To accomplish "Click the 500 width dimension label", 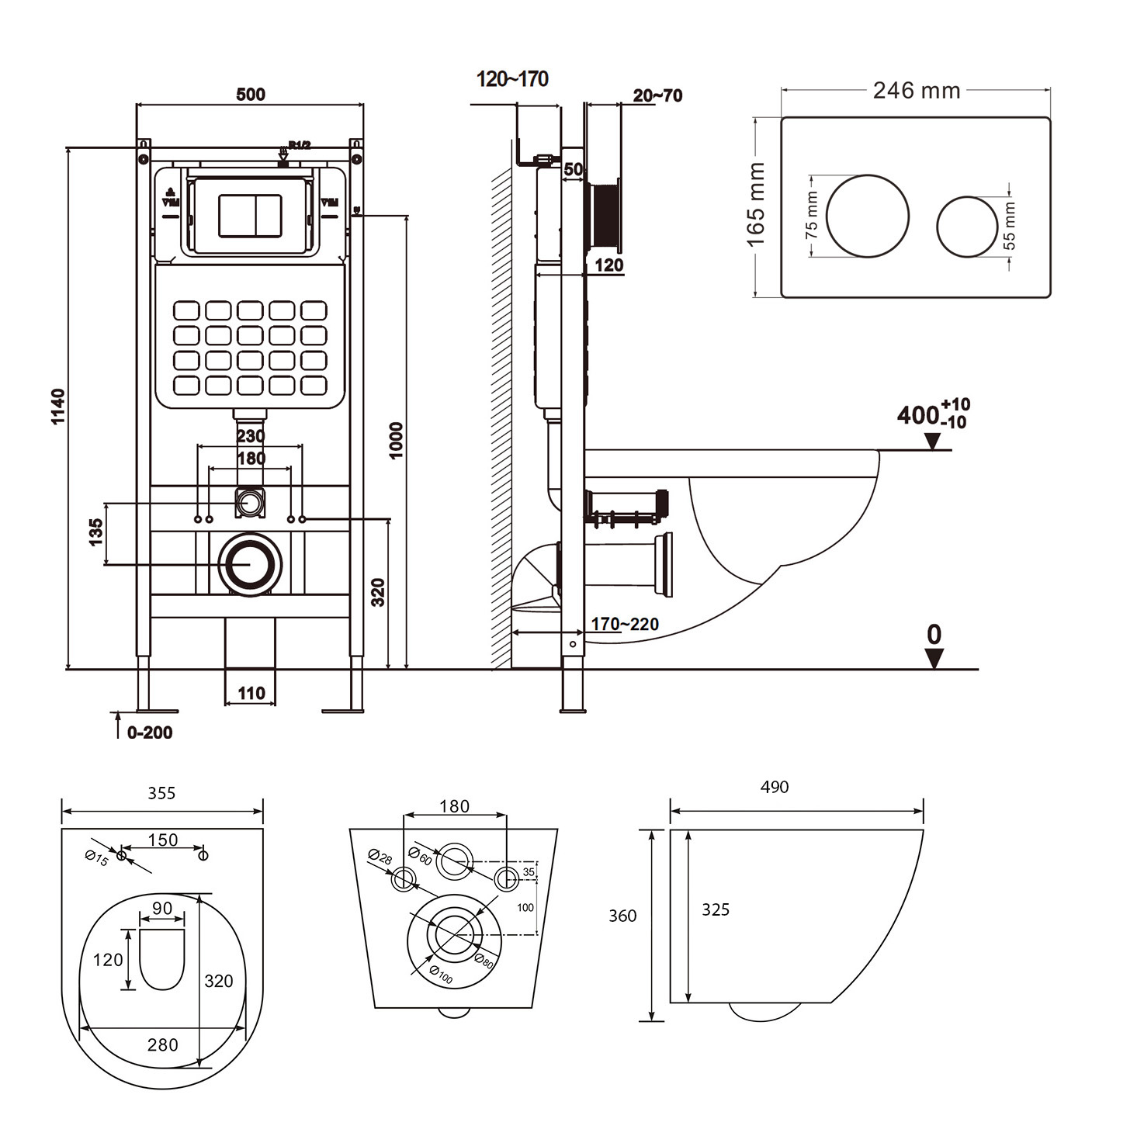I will pyautogui.click(x=250, y=95).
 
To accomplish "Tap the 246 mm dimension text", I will pyautogui.click(x=916, y=91).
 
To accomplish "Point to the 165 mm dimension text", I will pyautogui.click(x=756, y=205).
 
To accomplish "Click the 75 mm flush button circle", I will pyautogui.click(x=867, y=216).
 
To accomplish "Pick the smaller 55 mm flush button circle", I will pyautogui.click(x=966, y=226).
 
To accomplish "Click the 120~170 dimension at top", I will pyautogui.click(x=512, y=79).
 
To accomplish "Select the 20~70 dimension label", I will pyautogui.click(x=657, y=95).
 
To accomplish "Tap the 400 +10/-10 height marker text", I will pyautogui.click(x=932, y=414).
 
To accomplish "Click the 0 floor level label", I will pyautogui.click(x=934, y=635).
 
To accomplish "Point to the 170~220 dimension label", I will pyautogui.click(x=625, y=624).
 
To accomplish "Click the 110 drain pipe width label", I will pyautogui.click(x=251, y=693).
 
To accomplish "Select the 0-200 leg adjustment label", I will pyautogui.click(x=150, y=733).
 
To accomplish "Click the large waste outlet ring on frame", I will pyautogui.click(x=250, y=565).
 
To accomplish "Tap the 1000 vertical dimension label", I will pyautogui.click(x=396, y=440).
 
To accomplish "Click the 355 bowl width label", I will pyautogui.click(x=161, y=793).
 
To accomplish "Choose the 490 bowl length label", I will pyautogui.click(x=774, y=787).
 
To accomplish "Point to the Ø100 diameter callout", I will pyautogui.click(x=440, y=975).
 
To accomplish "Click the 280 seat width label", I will pyautogui.click(x=163, y=1044).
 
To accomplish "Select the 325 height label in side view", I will pyautogui.click(x=715, y=909).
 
